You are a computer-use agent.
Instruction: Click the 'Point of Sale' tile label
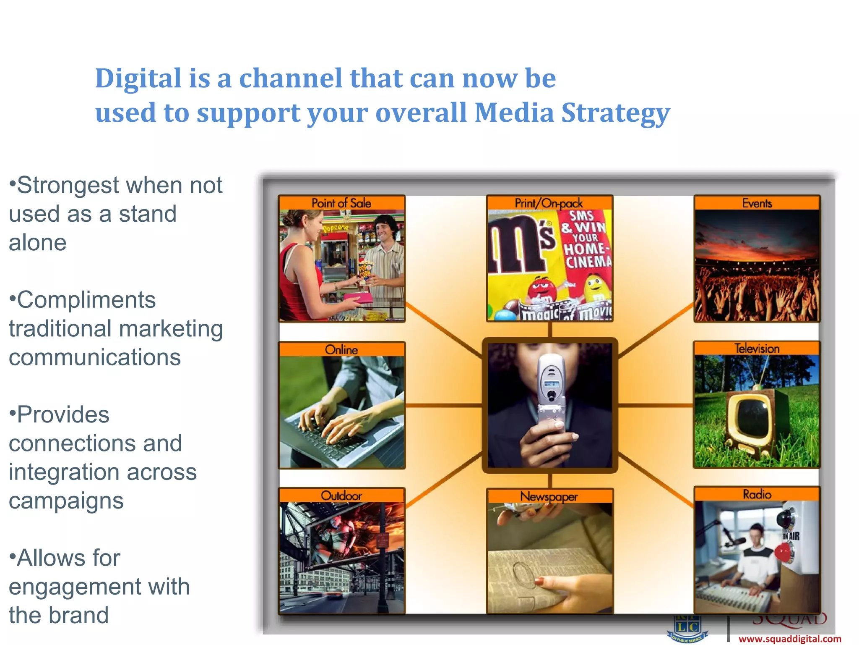pyautogui.click(x=341, y=203)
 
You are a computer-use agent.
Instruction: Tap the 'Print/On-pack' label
pyautogui.click(x=549, y=203)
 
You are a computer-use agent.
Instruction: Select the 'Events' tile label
pyautogui.click(x=757, y=203)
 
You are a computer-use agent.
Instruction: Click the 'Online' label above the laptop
pyautogui.click(x=341, y=349)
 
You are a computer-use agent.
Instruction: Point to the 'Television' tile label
pyautogui.click(x=757, y=348)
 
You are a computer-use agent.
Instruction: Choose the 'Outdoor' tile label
pyautogui.click(x=341, y=496)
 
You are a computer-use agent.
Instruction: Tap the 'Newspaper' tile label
pyautogui.click(x=549, y=496)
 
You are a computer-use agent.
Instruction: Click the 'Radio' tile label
pyautogui.click(x=757, y=494)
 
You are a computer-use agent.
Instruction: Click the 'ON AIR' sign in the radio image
pyautogui.click(x=791, y=536)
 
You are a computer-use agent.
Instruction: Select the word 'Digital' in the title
pyautogui.click(x=138, y=79)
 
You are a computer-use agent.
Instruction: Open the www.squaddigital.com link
pyautogui.click(x=789, y=639)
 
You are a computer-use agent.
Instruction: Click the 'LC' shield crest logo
pyautogui.click(x=688, y=628)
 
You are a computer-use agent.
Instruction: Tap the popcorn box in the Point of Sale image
pyautogui.click(x=365, y=270)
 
